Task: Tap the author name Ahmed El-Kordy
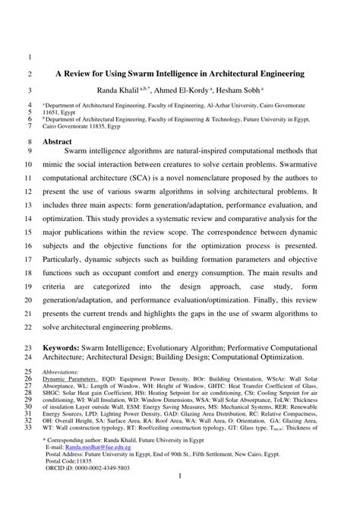click(218, 89)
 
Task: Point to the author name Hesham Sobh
click(282, 89)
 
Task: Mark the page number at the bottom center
click(179, 497)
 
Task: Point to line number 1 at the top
click(28, 57)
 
